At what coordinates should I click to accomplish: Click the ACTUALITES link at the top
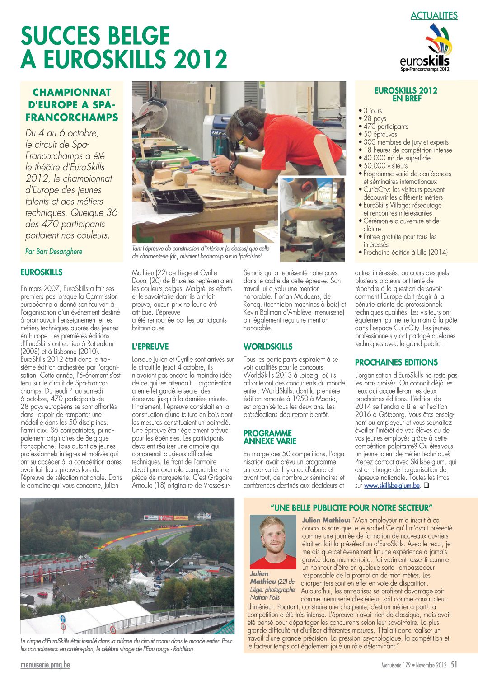pos(434,15)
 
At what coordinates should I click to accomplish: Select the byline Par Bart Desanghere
pos(54,251)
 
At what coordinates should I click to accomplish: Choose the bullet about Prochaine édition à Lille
pos(405,253)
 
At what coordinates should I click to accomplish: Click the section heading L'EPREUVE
pos(150,347)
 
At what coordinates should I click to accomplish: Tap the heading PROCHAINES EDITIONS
pos(396,362)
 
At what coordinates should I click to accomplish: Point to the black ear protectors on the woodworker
pos(250,127)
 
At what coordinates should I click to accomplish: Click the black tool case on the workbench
pos(178,199)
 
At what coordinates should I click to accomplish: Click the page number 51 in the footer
pos(454,664)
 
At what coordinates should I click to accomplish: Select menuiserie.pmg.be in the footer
pos(45,665)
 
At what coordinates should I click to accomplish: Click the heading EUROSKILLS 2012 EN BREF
pos(406,94)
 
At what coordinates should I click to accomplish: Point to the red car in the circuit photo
pos(43,593)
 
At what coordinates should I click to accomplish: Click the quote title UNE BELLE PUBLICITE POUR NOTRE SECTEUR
pos(351,507)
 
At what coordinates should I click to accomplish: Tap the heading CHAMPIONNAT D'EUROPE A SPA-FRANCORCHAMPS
pos(72,105)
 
